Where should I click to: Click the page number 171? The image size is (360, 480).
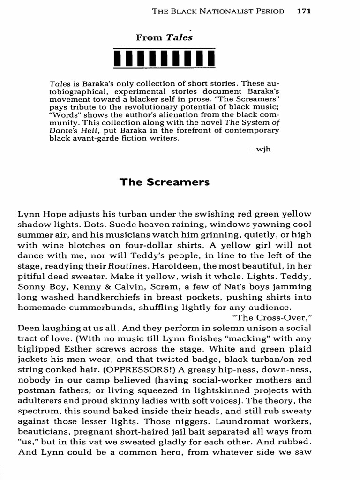click(303, 11)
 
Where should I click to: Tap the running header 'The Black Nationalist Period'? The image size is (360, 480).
click(218, 11)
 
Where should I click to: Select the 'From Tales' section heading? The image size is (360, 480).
click(164, 38)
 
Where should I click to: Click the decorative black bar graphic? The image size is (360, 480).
click(164, 58)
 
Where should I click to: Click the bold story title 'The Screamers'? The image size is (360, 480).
click(164, 182)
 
